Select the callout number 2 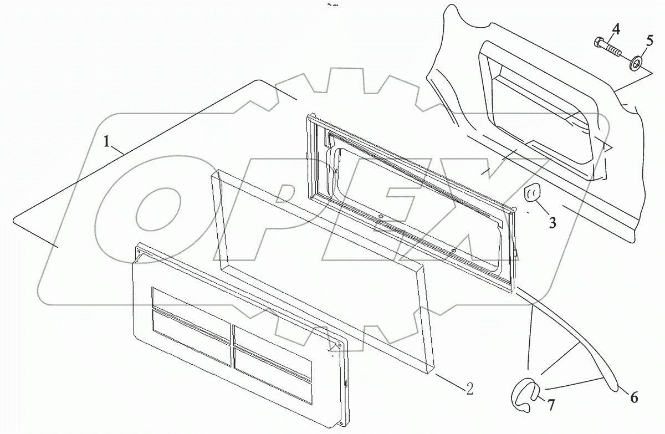click(x=469, y=389)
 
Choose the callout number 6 click(x=634, y=397)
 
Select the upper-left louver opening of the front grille click(x=190, y=303)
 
